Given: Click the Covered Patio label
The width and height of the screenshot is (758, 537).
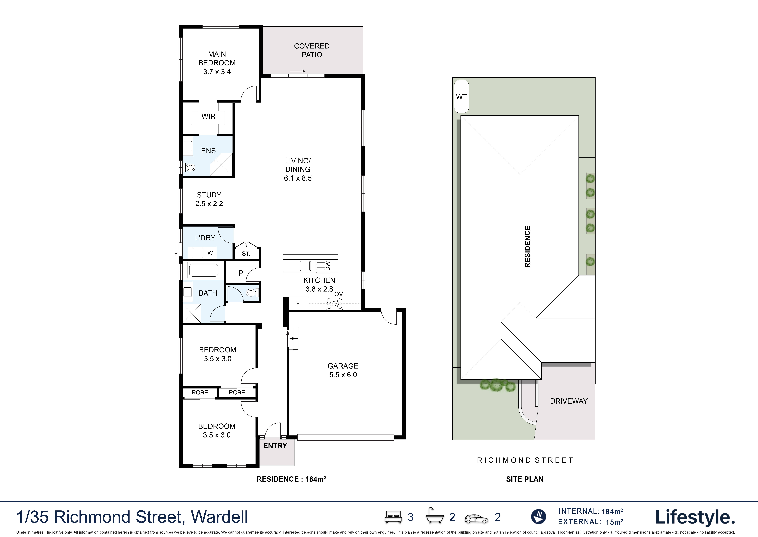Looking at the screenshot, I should pos(311,50).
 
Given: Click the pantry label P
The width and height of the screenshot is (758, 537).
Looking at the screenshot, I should pos(241,273).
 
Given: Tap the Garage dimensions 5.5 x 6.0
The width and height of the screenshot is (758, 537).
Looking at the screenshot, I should pos(343,375).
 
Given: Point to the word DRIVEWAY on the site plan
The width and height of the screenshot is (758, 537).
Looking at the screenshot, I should pos(568,401).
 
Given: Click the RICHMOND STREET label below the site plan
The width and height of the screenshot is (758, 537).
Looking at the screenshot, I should pos(525,460).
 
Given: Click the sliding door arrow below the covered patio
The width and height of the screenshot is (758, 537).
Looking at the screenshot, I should pos(298,71).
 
